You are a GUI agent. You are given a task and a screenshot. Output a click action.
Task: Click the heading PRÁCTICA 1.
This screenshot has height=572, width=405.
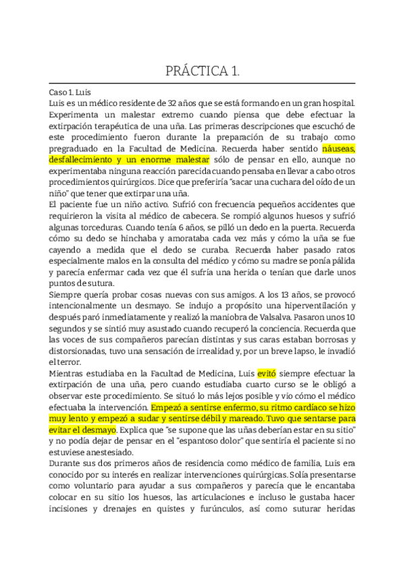point(202,71)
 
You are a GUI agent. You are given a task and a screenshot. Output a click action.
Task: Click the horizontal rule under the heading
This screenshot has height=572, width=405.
point(202,83)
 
